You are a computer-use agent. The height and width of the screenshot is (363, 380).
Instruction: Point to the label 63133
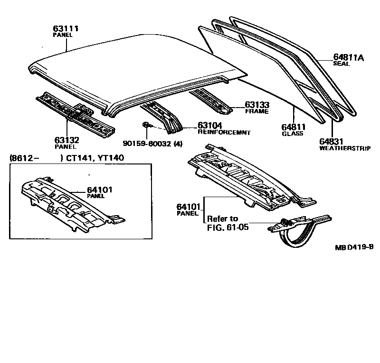[257, 105]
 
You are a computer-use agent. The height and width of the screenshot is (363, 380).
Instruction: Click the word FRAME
[256, 111]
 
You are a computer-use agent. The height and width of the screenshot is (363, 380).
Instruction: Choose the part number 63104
[210, 126]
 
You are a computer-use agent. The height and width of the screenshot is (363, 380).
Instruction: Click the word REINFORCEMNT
[224, 133]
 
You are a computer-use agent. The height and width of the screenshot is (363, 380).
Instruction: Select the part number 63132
[66, 140]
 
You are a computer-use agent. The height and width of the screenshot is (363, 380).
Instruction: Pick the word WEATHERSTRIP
[344, 148]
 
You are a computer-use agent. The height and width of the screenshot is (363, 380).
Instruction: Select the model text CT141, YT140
[94, 157]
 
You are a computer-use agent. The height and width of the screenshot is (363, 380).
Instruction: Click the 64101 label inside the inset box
[99, 190]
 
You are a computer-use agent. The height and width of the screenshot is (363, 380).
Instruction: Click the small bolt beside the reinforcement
[147, 126]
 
